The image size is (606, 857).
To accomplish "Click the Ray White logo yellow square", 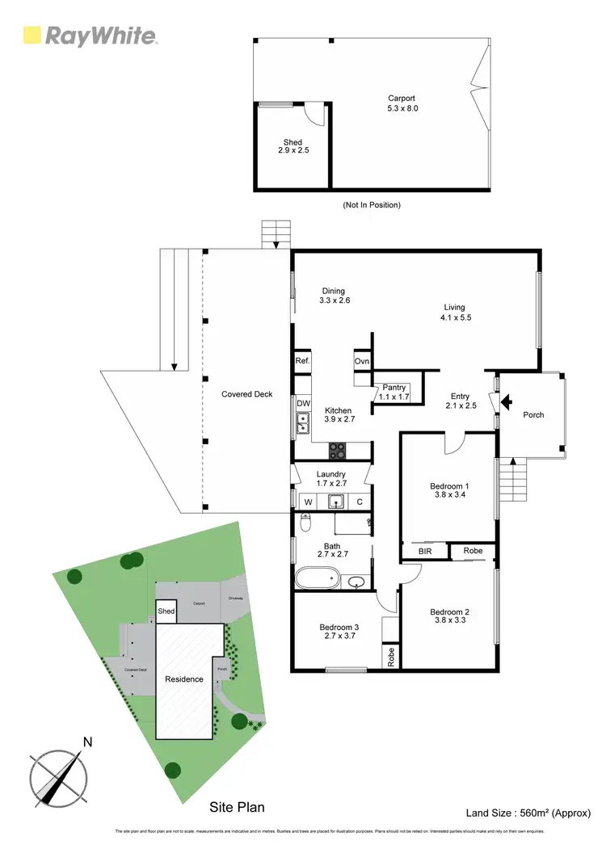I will tap(32, 35).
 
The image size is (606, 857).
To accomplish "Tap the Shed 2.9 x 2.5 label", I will tap(292, 147).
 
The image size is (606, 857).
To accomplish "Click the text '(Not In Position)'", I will tap(372, 205).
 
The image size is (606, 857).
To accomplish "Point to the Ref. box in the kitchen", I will tap(303, 361).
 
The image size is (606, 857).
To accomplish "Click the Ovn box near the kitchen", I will tap(361, 361).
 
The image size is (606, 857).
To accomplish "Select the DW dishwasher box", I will tap(303, 403).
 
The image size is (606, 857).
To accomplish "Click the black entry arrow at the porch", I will tap(507, 401).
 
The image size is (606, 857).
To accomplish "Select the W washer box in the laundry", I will tap(307, 502).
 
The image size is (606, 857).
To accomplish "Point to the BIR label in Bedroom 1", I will tap(424, 552).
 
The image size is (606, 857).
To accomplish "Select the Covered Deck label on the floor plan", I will tap(246, 395).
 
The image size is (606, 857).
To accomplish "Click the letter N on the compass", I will tap(88, 741).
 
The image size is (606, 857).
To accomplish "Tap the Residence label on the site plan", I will tap(184, 678).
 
